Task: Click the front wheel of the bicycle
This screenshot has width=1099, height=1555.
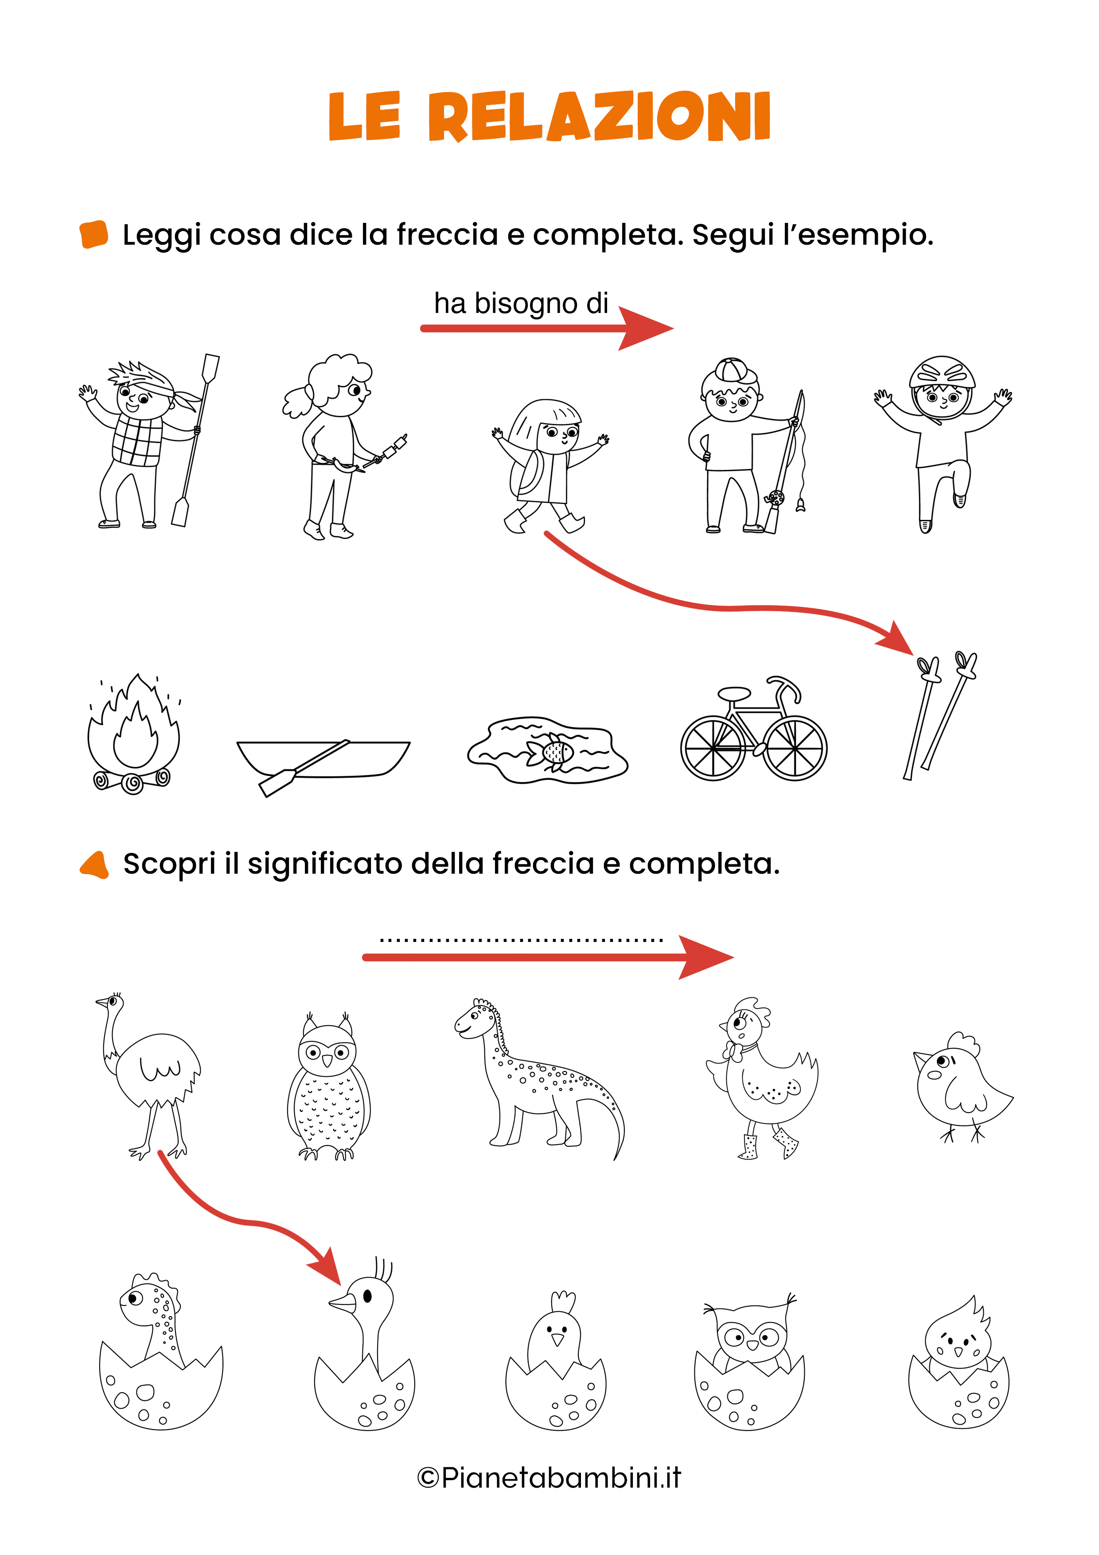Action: tap(795, 748)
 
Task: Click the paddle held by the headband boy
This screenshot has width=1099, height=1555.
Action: tap(196, 440)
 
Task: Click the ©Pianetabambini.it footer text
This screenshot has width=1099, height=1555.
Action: tap(549, 1478)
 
